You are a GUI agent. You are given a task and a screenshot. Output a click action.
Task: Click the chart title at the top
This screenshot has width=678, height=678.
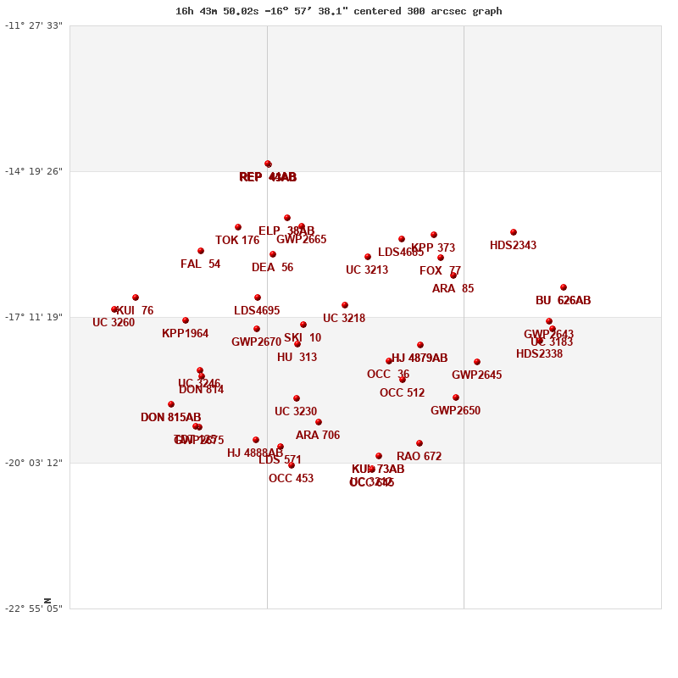338,11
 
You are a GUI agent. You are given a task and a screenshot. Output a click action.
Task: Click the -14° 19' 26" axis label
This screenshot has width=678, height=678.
34,171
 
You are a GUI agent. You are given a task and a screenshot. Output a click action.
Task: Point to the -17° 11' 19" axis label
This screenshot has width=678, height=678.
34,317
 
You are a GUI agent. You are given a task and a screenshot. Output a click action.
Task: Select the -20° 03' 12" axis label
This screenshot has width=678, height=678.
34,463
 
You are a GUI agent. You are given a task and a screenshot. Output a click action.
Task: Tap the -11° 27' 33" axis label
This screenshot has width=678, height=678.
34,25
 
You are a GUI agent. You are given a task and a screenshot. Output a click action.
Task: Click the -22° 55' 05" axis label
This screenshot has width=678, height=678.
34,609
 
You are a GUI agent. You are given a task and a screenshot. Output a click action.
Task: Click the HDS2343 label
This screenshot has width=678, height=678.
513,246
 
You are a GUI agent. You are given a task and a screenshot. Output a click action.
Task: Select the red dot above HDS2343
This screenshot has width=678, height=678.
514,232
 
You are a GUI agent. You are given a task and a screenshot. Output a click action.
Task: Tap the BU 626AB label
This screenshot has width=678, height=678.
563,301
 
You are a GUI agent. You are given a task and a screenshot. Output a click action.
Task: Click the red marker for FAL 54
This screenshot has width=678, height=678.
201,251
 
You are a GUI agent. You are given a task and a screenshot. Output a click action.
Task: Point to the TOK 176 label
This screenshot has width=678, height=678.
237,241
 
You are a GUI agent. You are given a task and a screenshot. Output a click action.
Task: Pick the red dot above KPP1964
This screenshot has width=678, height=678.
186,320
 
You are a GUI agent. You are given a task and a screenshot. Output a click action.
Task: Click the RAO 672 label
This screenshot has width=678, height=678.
419,457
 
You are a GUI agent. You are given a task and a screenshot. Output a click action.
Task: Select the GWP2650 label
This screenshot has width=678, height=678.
455,411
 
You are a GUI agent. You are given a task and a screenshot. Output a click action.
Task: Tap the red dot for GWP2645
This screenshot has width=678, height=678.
477,362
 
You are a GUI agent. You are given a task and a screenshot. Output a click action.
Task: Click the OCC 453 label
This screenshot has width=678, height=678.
291,479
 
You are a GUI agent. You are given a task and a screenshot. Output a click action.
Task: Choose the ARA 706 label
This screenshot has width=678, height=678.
318,436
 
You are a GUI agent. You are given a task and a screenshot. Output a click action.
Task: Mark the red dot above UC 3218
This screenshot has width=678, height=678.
345,305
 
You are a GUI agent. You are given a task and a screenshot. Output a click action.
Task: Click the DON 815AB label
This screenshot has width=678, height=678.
170,418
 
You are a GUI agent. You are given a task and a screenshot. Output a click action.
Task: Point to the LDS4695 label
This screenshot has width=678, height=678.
257,311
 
